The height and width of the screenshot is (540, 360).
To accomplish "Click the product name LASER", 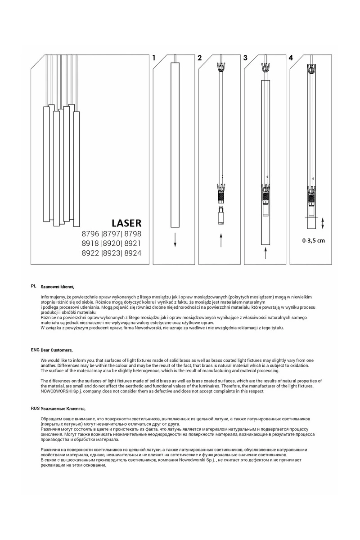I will (126, 223).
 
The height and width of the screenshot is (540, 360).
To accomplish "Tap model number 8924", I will (132, 253).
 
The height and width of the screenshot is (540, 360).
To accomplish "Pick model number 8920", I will (112, 243).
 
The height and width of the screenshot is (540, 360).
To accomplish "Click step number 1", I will (154, 58).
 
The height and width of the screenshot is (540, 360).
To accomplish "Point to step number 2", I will (199, 58).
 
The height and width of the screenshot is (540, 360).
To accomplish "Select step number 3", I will (245, 58).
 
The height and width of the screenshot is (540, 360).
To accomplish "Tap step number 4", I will (291, 58).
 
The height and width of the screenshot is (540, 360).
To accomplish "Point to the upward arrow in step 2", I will (221, 240).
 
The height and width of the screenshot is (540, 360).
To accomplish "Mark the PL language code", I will (33, 286).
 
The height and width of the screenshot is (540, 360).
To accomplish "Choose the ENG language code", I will (35, 350).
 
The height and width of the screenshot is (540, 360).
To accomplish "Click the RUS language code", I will (35, 408).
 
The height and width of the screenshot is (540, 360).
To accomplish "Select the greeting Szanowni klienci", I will (58, 286).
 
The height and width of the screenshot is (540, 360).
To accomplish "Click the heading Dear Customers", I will (57, 350).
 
